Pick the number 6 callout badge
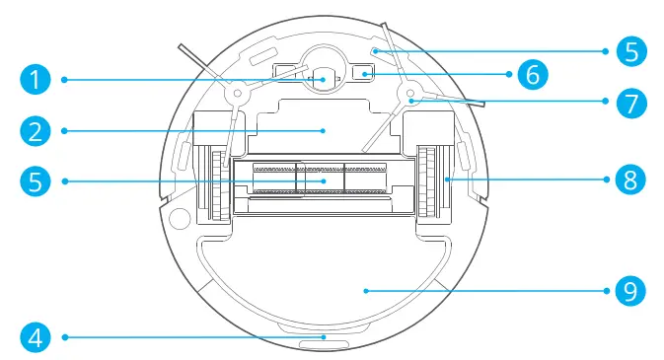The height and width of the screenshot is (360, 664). [x=532, y=74]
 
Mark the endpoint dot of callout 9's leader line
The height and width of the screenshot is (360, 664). [x=365, y=290]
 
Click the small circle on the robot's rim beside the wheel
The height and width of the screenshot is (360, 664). [x=178, y=215]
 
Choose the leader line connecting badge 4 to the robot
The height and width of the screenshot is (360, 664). [x=178, y=337]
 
